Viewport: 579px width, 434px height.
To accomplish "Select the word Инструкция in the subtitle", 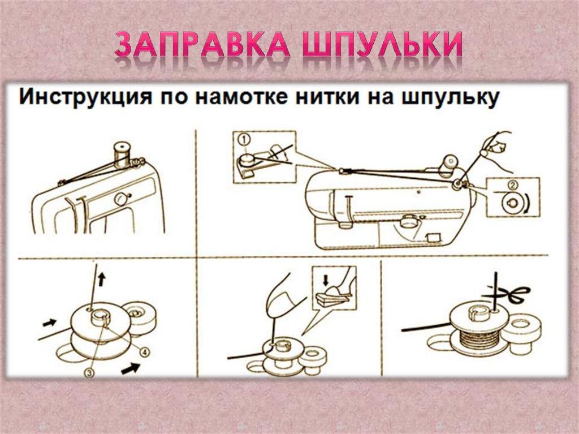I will (82, 98).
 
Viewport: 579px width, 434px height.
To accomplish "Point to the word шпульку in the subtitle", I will (450, 98).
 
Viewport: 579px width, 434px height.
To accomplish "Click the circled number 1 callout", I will (243, 138).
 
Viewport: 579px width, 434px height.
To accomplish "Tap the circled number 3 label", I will (89, 372).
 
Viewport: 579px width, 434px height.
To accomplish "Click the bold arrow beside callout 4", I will (132, 368).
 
